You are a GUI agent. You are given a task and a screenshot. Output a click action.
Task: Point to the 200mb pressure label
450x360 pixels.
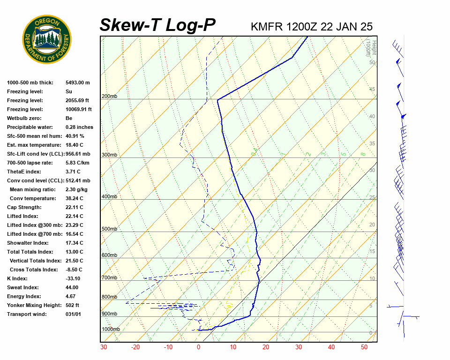tap(109, 96)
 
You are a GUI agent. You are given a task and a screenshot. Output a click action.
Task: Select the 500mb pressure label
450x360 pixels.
tap(109, 229)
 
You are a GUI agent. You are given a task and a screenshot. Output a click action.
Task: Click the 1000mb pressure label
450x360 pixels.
tap(111, 329)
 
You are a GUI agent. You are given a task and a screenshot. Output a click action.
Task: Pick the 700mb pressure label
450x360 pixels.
tap(109, 278)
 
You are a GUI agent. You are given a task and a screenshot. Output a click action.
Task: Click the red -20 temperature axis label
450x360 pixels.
tap(135, 347)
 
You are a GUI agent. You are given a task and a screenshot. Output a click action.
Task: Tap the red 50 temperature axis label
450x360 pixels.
tap(364, 347)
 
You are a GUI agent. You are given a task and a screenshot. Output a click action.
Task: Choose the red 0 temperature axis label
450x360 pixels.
tap(199, 347)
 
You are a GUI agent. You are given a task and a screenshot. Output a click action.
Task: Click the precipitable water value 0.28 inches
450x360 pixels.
tap(79, 127)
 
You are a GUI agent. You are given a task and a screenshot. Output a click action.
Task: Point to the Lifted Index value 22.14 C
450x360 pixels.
tap(74, 216)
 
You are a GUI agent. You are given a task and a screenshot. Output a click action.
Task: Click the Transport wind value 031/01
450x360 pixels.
tap(74, 314)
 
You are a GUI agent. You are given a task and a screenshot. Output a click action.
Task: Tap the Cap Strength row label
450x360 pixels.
tap(24, 207)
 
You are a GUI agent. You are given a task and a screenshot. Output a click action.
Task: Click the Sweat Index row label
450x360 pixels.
tap(23, 287)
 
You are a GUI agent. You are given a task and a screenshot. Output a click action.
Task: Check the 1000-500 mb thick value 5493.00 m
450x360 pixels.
tap(78, 82)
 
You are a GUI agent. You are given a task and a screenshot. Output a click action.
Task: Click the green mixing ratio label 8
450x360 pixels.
tap(363, 154)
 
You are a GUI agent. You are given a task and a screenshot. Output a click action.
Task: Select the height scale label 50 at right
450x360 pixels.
tap(372, 62)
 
